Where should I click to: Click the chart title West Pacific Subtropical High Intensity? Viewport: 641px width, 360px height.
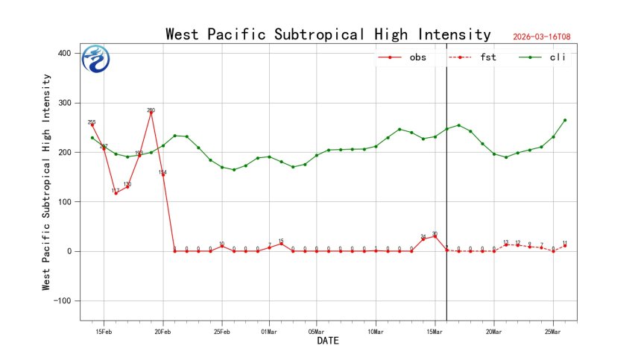(x=328, y=34)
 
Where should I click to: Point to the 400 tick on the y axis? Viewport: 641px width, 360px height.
(x=66, y=54)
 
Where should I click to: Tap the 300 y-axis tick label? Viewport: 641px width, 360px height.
(x=66, y=103)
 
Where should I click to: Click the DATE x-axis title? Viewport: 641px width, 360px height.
(x=328, y=341)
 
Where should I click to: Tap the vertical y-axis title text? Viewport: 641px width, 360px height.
(x=46, y=182)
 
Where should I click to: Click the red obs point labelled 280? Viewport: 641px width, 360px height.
(x=151, y=113)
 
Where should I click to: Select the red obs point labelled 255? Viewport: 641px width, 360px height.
(x=92, y=125)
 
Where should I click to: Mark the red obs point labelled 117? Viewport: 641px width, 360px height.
(x=116, y=193)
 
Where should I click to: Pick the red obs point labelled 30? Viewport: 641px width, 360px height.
(x=435, y=236)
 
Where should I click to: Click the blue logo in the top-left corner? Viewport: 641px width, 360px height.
(x=95, y=59)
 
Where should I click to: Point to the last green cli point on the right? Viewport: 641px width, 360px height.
(x=565, y=120)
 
